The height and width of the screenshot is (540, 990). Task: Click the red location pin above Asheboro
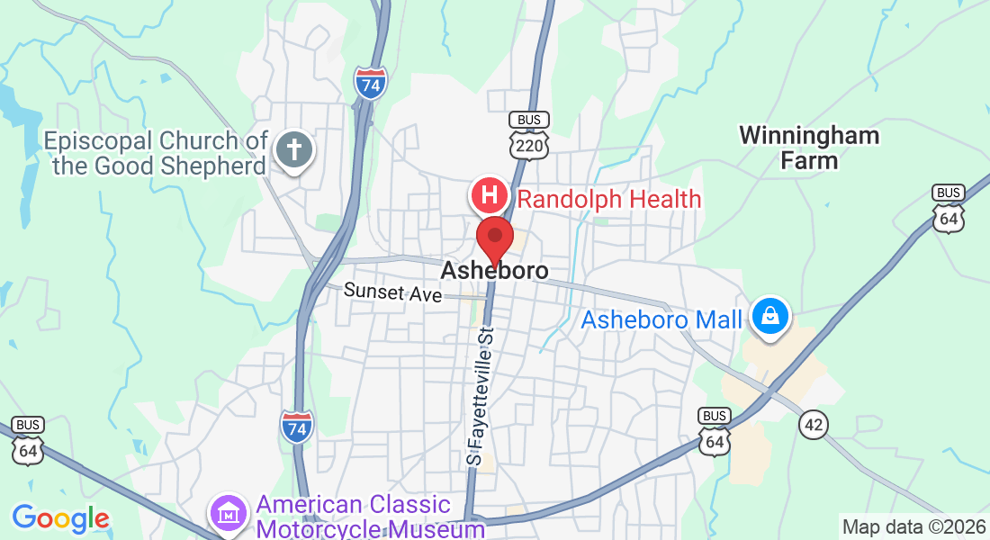[x=494, y=238]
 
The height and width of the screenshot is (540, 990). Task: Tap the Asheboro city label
[x=494, y=271]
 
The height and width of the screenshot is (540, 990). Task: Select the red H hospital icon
[x=490, y=195]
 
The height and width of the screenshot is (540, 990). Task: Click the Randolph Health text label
[x=609, y=199]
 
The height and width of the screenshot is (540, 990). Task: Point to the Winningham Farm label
[x=809, y=148]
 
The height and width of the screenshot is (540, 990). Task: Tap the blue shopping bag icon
[x=770, y=317]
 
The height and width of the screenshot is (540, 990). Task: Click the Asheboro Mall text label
[x=661, y=319]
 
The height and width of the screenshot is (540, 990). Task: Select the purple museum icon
[x=229, y=513]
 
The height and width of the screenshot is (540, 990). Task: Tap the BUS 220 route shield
[x=528, y=134]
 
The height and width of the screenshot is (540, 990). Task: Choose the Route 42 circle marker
[x=813, y=425]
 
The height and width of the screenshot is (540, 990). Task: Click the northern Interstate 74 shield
[x=371, y=82]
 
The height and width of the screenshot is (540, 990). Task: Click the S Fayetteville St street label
[x=482, y=396]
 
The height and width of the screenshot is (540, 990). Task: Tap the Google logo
[x=60, y=518]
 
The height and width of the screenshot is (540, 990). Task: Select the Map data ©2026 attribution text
[x=913, y=526]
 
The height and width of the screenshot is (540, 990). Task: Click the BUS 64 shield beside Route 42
[x=715, y=431]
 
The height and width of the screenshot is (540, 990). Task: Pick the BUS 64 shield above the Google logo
[x=29, y=441]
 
